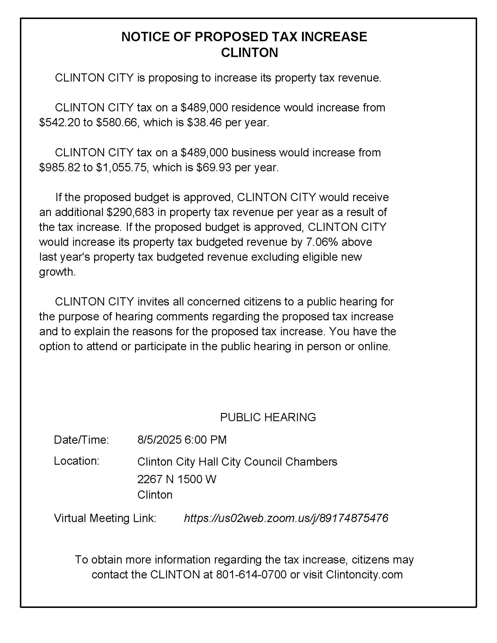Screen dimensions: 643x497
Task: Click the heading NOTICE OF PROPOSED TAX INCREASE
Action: pyautogui.click(x=244, y=37)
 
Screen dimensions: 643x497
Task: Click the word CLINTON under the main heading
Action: pyautogui.click(x=249, y=53)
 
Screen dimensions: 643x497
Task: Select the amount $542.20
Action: pyautogui.click(x=59, y=122)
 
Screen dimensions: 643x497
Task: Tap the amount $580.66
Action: pyautogui.click(x=117, y=122)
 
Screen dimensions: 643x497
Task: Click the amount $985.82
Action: pyautogui.click(x=59, y=167)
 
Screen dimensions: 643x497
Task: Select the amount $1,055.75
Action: pyautogui.click(x=121, y=167)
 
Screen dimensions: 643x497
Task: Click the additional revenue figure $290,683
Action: pyautogui.click(x=130, y=212)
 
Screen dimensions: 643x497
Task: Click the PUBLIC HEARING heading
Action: pyautogui.click(x=268, y=417)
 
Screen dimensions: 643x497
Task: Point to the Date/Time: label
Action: pyautogui.click(x=81, y=440)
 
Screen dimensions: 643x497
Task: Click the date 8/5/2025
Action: pyautogui.click(x=159, y=440)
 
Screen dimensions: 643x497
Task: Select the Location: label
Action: pyautogui.click(x=77, y=461)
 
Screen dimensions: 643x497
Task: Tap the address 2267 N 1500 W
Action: pyautogui.click(x=177, y=479)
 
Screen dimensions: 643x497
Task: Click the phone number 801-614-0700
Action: pyautogui.click(x=251, y=574)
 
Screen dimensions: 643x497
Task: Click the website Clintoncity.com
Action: pyautogui.click(x=364, y=574)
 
